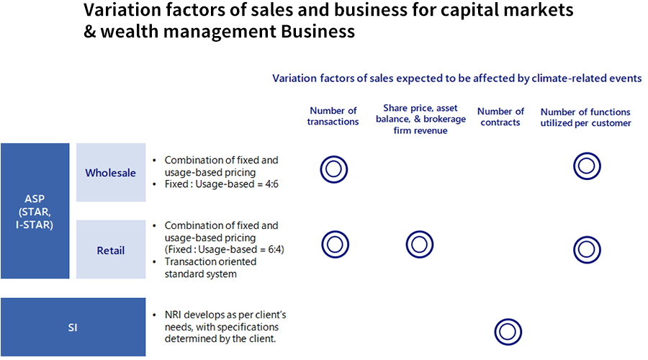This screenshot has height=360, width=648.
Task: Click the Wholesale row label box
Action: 110,173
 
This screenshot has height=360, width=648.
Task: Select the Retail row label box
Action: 110,250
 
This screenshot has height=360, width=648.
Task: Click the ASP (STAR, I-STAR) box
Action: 35,210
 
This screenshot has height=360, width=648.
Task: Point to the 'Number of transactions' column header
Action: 333,116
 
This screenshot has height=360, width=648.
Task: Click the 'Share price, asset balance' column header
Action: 420,119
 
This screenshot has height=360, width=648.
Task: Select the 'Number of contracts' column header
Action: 500,116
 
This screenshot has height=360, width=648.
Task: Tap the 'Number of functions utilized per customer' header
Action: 585,117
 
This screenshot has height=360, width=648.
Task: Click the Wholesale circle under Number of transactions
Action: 333,169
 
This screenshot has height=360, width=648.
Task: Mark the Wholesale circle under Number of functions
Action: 587,166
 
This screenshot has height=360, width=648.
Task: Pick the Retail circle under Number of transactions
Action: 335,245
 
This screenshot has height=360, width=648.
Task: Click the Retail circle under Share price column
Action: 420,245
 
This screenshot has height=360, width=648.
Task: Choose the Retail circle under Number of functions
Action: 587,248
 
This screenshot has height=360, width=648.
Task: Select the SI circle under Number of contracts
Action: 508,332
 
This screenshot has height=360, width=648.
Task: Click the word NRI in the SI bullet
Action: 174,315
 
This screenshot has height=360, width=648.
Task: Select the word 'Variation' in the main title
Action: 120,11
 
